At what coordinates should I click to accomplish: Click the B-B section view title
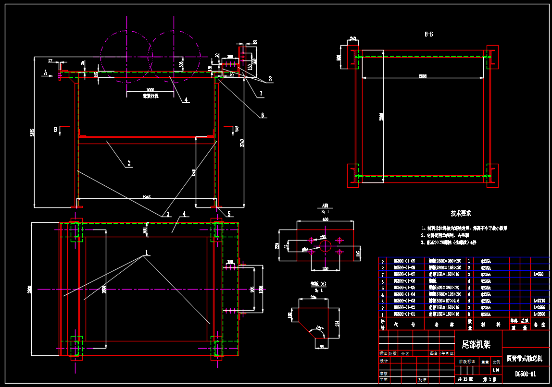click(428, 35)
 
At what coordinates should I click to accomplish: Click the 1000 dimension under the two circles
click(151, 90)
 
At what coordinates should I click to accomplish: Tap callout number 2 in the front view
click(128, 163)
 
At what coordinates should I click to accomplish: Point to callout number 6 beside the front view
click(263, 115)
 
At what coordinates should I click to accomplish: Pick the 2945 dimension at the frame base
click(147, 197)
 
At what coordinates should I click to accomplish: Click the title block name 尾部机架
click(476, 344)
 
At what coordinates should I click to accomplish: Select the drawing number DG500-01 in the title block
click(525, 374)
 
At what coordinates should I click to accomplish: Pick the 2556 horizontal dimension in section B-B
click(422, 76)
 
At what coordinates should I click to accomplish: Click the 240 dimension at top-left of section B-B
click(352, 39)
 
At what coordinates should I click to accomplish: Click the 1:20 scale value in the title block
click(496, 370)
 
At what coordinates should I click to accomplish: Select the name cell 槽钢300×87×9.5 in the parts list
click(446, 301)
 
